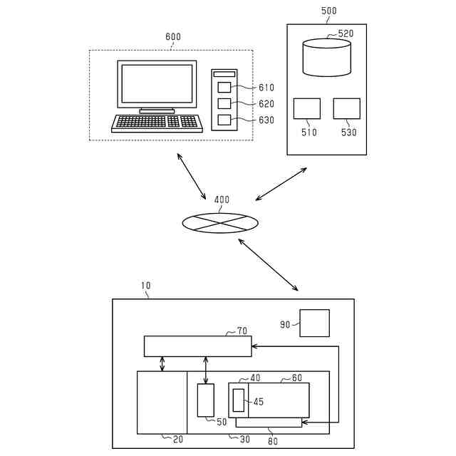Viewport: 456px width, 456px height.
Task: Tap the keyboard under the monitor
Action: pyautogui.click(x=157, y=123)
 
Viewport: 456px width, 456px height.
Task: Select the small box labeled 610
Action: pyautogui.click(x=224, y=88)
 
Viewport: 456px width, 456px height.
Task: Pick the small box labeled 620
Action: pyautogui.click(x=224, y=104)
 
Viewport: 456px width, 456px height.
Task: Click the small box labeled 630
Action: pyautogui.click(x=224, y=120)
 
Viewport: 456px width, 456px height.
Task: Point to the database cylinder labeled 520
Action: pyautogui.click(x=327, y=58)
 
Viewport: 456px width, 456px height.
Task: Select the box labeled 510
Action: pyautogui.click(x=307, y=108)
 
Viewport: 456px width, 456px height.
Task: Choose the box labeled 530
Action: pyautogui.click(x=347, y=108)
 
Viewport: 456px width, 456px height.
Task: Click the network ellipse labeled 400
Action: pyautogui.click(x=220, y=222)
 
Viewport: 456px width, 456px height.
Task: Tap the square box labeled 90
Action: pyautogui.click(x=314, y=323)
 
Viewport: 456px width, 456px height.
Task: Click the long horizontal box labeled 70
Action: pyautogui.click(x=197, y=346)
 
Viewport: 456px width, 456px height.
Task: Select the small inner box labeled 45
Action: pyautogui.click(x=238, y=400)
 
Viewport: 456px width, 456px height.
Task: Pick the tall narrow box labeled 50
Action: pyautogui.click(x=206, y=400)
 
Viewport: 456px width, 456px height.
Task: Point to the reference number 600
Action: pyautogui.click(x=173, y=37)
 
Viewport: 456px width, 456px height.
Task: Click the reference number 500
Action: pyautogui.click(x=329, y=11)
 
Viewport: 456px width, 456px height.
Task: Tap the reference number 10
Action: pyautogui.click(x=145, y=286)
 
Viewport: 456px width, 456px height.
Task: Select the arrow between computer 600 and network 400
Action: pyautogui.click(x=192, y=175)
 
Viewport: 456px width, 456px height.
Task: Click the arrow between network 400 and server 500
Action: pyautogui.click(x=281, y=184)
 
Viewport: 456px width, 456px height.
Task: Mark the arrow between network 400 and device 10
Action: pyautogui.click(x=268, y=265)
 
